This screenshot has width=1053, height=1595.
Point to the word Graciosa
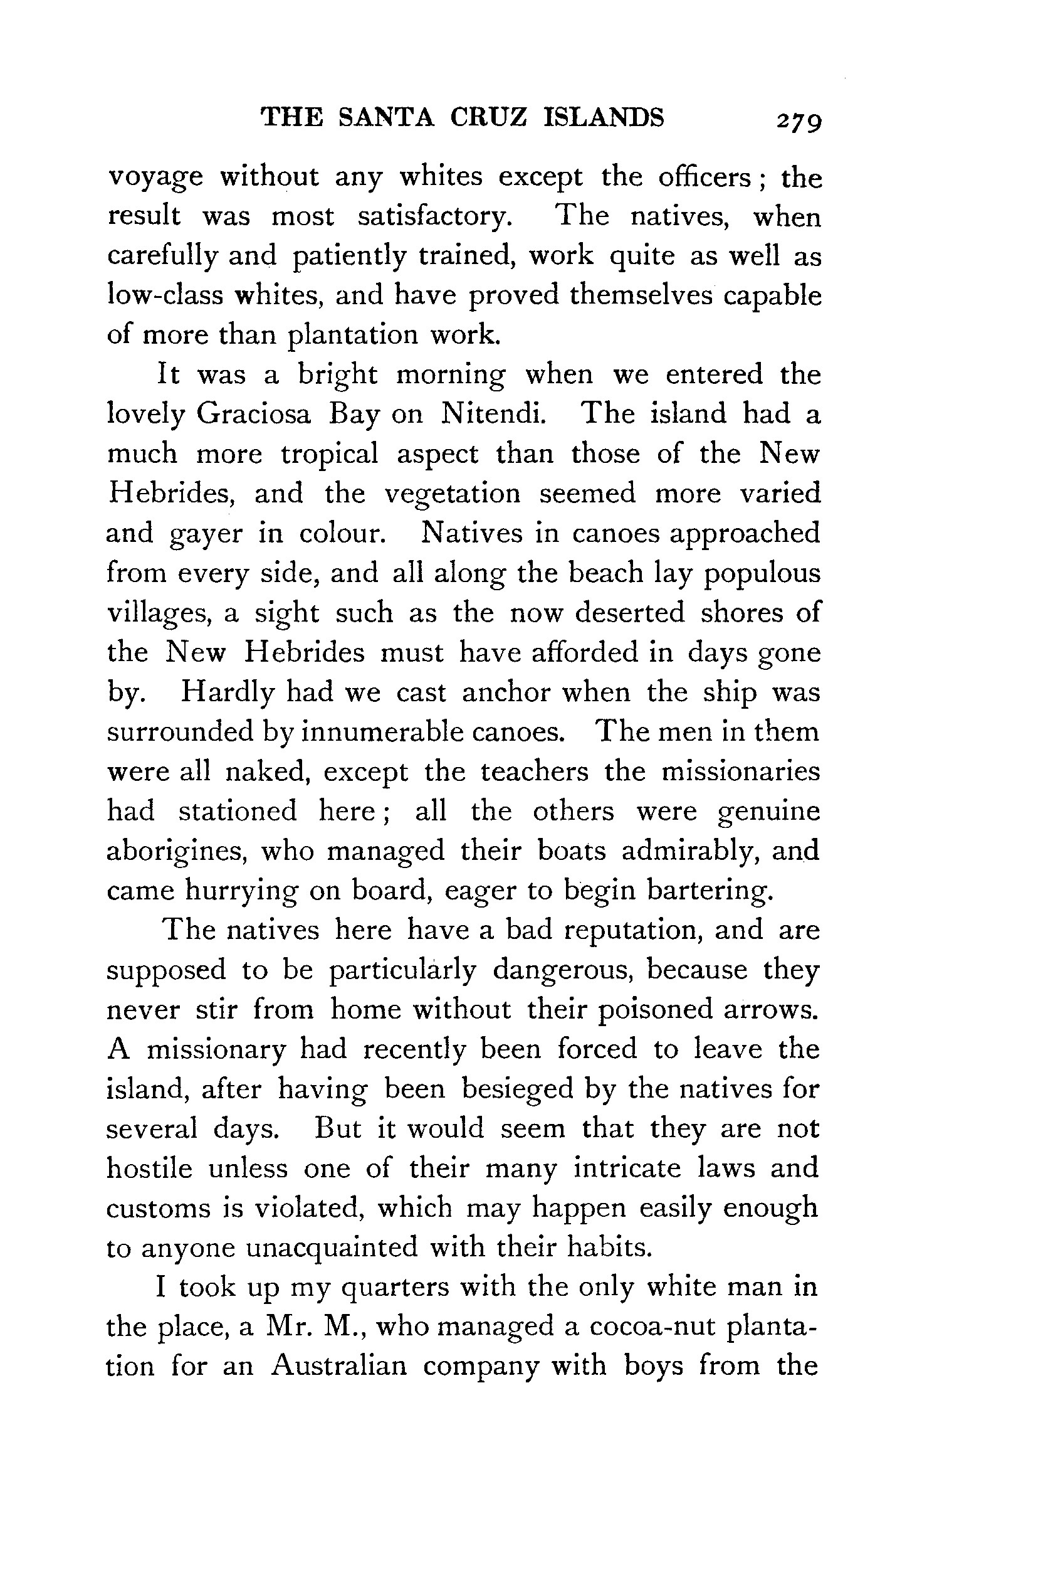coord(254,414)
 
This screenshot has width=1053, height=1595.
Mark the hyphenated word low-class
coord(165,295)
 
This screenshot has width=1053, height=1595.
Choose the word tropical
coord(330,454)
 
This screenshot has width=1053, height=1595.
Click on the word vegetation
coord(452,494)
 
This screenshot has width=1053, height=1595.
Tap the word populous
coord(762,574)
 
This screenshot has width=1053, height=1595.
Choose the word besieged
coord(517,1089)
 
